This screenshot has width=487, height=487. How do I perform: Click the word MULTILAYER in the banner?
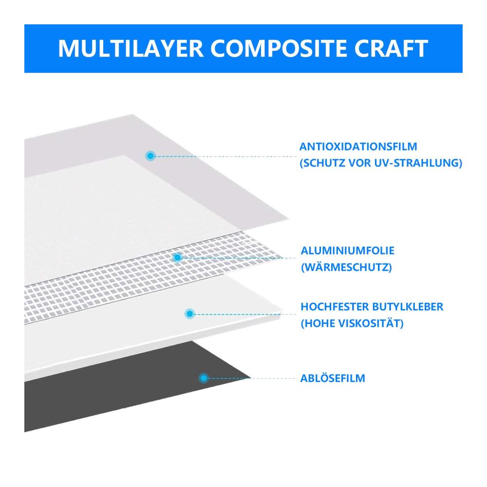(x=131, y=48)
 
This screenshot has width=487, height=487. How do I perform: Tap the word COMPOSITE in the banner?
(x=279, y=48)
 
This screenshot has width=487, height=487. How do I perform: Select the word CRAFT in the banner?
(x=391, y=48)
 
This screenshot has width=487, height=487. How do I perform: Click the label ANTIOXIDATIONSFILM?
(x=358, y=147)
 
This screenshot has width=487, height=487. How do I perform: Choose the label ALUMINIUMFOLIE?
(x=348, y=251)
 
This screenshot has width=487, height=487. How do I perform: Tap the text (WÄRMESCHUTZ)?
(x=346, y=267)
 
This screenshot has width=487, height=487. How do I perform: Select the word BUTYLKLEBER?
(x=408, y=307)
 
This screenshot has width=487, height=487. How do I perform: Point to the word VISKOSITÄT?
(x=371, y=323)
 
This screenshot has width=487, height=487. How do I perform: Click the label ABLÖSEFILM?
(x=333, y=378)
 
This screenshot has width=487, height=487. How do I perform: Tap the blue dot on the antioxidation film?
(x=150, y=156)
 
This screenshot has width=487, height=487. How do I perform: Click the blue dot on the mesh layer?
(x=177, y=258)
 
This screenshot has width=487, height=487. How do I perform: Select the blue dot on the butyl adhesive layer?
(x=189, y=314)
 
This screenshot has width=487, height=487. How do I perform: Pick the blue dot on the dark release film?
(x=204, y=378)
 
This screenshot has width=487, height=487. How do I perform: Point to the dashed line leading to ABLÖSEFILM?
(x=252, y=378)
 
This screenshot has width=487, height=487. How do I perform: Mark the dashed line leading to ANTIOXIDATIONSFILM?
(x=225, y=156)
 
